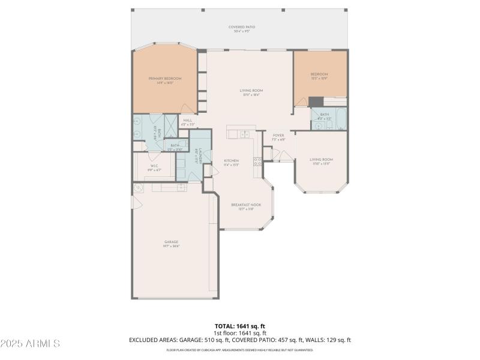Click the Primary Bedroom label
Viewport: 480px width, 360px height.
pyautogui.click(x=165, y=80)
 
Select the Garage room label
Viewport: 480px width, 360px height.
pyautogui.click(x=172, y=244)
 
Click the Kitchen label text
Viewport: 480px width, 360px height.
pyautogui.click(x=232, y=162)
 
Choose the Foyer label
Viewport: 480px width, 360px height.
pyautogui.click(x=278, y=137)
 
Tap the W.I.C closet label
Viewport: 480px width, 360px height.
pyautogui.click(x=154, y=168)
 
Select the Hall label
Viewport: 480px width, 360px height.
pyautogui.click(x=188, y=122)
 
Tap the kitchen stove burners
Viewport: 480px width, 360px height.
pyautogui.click(x=257, y=161)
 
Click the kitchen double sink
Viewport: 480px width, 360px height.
pyautogui.click(x=245, y=134)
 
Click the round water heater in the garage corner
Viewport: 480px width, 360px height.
pyautogui.click(x=137, y=188)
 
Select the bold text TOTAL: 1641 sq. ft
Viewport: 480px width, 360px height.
pyautogui.click(x=239, y=326)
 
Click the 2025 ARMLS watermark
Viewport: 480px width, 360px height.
pyautogui.click(x=30, y=344)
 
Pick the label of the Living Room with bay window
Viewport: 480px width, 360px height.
pyautogui.click(x=321, y=161)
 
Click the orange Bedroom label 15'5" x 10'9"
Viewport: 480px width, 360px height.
pyautogui.click(x=319, y=76)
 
